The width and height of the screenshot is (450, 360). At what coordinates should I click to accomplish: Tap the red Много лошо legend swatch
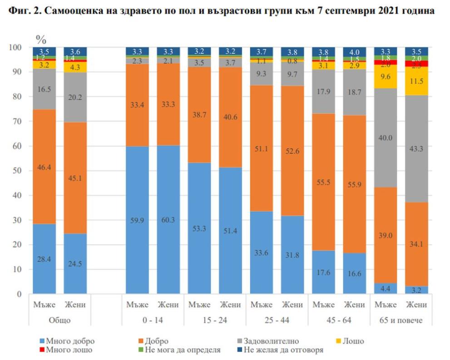point(42,350)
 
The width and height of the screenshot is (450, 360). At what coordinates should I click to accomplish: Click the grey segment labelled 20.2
point(75,97)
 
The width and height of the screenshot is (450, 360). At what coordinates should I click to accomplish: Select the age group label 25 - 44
point(277,320)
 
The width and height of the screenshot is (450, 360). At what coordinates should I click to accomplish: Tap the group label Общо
point(59,320)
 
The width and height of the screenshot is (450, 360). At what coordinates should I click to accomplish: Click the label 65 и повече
point(401,320)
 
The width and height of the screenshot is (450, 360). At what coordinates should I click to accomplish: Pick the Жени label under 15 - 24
point(230,305)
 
